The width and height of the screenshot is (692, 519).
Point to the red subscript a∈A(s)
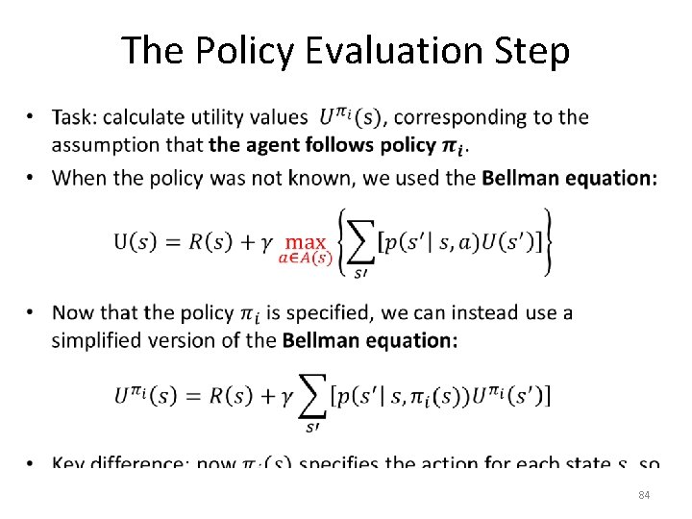[x=305, y=258]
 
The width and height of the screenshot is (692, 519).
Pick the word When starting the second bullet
[x=80, y=177]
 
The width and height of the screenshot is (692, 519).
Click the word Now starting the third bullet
[x=73, y=312]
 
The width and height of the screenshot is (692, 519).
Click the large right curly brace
[x=546, y=242]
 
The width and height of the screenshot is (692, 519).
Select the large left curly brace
[x=342, y=242]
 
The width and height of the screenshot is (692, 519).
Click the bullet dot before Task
[x=32, y=117]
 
